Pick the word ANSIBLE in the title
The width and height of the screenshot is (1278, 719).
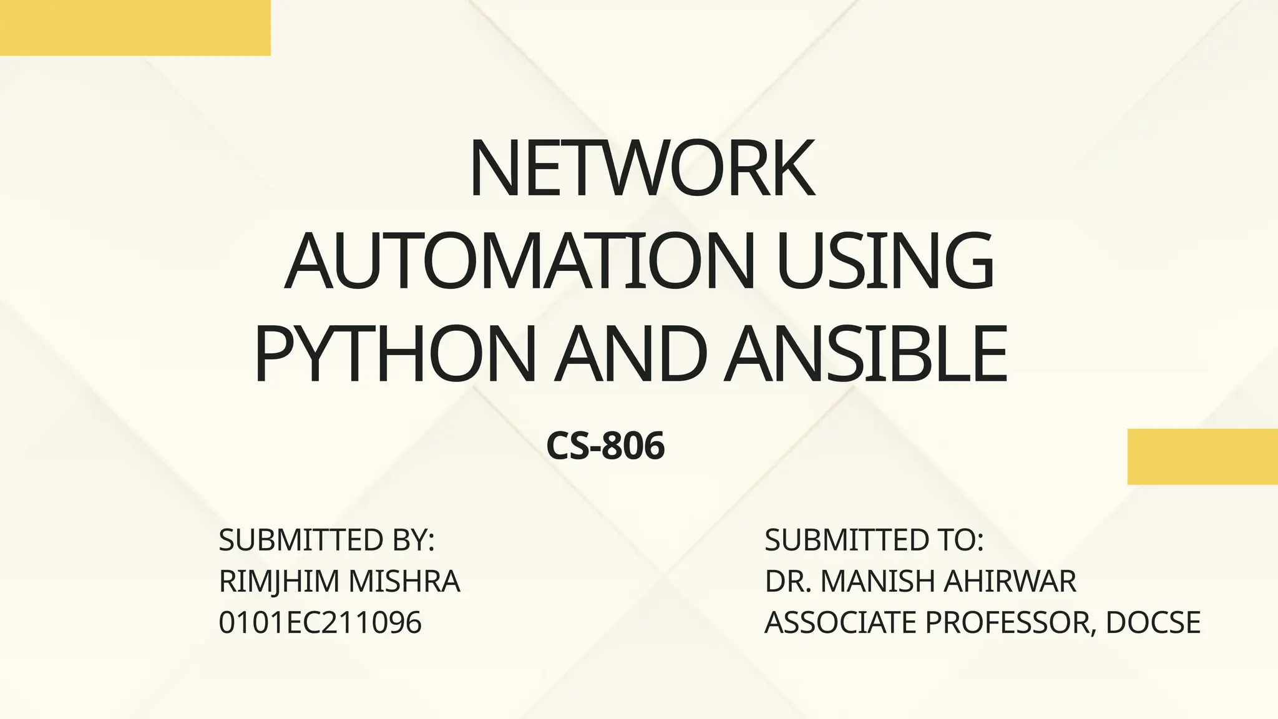point(865,354)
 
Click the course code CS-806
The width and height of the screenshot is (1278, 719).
point(605,447)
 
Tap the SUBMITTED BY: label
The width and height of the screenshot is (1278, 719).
point(326,540)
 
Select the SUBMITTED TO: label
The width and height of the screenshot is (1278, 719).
point(874,540)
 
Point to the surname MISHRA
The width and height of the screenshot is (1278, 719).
point(404,582)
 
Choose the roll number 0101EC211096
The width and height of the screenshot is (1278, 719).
point(320,623)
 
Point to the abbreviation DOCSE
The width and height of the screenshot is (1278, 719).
point(1153,623)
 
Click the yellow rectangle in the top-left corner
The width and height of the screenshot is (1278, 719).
point(135,27)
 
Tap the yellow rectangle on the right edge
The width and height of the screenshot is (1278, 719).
point(1202,456)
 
